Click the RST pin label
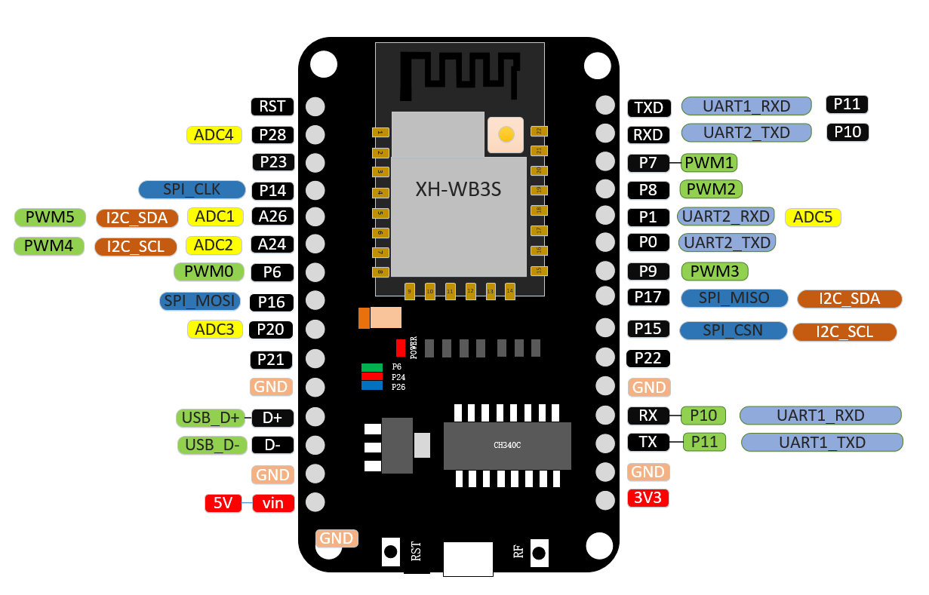point(272,106)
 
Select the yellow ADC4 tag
point(214,135)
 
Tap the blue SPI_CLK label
point(192,189)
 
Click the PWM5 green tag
point(50,218)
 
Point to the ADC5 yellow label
point(813,217)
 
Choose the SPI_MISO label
point(734,298)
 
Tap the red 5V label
point(223,502)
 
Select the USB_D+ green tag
point(211,418)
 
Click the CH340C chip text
point(507,446)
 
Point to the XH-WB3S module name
point(458,189)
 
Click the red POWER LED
point(400,348)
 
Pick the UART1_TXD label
point(822,442)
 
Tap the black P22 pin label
point(648,357)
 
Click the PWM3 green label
point(714,271)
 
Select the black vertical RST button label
point(416,553)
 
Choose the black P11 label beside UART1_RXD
point(847,105)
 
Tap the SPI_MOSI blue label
point(200,302)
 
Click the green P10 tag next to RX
point(703,416)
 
